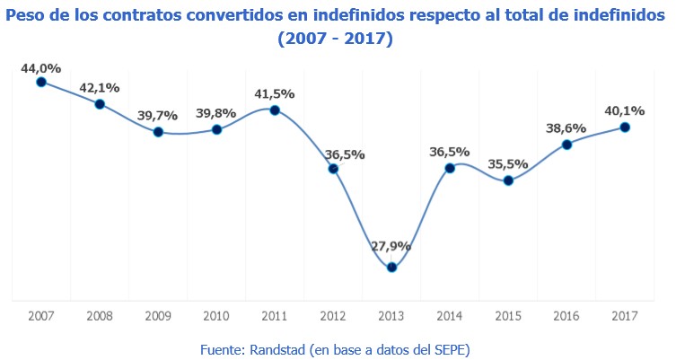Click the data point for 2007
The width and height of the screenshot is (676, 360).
41,82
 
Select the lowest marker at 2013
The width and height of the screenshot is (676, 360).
391,267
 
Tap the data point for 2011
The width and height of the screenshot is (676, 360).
275,110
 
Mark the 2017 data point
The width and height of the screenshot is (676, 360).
625,127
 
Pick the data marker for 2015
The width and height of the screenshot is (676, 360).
508,180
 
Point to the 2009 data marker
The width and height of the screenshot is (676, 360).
158,132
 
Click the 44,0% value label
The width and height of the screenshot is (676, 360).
41,68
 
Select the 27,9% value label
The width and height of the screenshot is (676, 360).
391,245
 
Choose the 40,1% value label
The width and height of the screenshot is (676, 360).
625,111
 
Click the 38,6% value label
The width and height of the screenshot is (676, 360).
566,128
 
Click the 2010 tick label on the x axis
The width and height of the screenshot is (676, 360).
216,316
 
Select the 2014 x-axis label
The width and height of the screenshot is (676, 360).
450,316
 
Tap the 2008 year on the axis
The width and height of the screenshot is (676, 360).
100,316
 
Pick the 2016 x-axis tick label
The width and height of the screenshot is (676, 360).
566,316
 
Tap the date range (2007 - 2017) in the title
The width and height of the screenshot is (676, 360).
337,40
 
